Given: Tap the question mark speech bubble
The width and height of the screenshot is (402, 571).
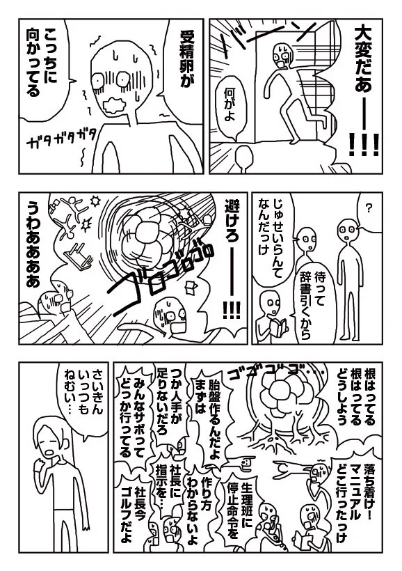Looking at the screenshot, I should coord(368,207).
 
